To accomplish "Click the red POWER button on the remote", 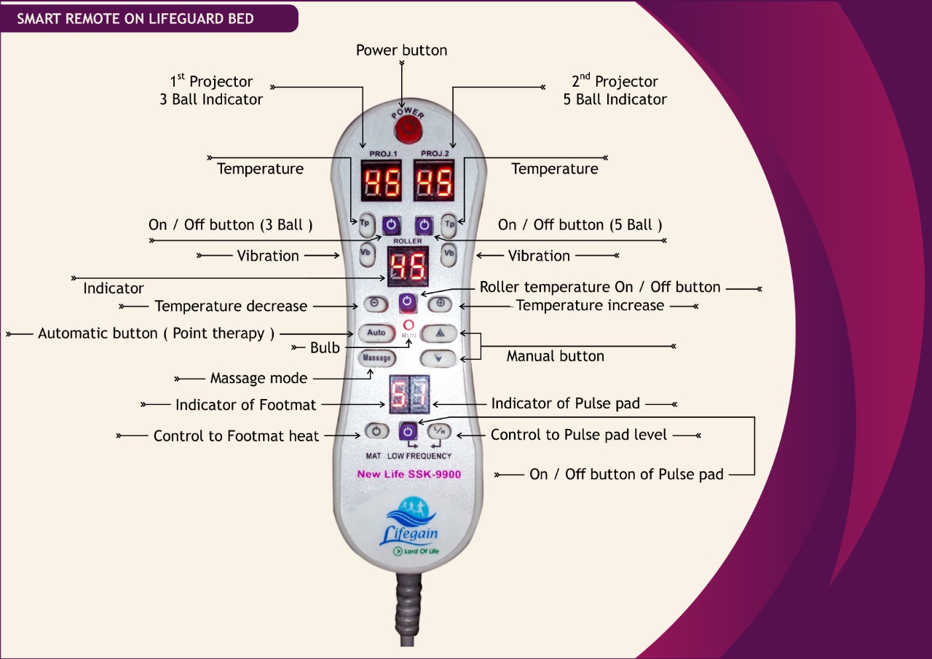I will [x=406, y=132].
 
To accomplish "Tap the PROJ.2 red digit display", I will [x=434, y=182].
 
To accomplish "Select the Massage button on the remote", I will [x=377, y=358].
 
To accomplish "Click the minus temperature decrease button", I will [x=371, y=303].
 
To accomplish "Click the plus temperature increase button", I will [x=441, y=303].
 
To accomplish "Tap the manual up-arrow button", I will [x=440, y=334].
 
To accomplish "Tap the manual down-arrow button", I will [x=440, y=358].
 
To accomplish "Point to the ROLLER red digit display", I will [x=407, y=266].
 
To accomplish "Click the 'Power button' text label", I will [x=401, y=50].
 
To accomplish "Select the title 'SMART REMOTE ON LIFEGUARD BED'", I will [x=135, y=18].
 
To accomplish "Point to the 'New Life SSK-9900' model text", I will [x=408, y=474].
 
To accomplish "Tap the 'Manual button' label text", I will [x=555, y=356].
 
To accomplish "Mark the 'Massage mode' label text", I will [x=258, y=379].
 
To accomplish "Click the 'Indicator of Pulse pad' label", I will [x=566, y=403].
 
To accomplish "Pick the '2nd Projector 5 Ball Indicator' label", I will [x=615, y=90].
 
